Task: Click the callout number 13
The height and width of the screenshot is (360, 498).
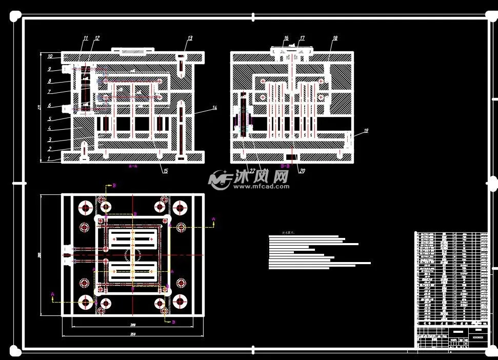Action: coord(189,38)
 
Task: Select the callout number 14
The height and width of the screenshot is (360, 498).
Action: coord(214,108)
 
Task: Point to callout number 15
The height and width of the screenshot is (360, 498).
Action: coord(165,171)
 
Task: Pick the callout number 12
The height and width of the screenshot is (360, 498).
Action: coord(97,38)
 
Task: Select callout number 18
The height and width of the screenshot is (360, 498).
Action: coord(335,38)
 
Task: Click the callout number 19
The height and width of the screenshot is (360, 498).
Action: coord(366,131)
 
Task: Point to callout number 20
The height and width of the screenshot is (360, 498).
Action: coord(302,171)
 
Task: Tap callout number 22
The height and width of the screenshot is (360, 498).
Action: coord(252,171)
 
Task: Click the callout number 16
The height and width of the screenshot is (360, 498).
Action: coord(286,38)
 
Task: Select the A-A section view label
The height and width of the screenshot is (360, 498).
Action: coord(133,167)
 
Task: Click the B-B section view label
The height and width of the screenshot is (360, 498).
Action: coord(286,167)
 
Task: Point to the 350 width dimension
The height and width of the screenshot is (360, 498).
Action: coord(132,335)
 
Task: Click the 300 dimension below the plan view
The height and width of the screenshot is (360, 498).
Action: coord(132,325)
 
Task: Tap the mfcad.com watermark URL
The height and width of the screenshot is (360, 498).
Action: coord(262,187)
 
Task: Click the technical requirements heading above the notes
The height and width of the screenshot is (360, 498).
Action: coord(288,232)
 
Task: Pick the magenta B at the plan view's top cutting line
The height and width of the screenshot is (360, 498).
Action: coord(114,185)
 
